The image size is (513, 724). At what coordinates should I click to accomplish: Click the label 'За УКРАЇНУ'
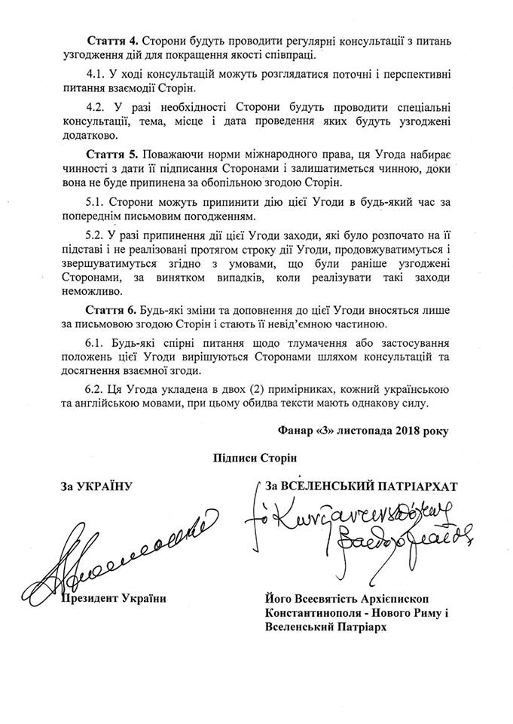[96, 486]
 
